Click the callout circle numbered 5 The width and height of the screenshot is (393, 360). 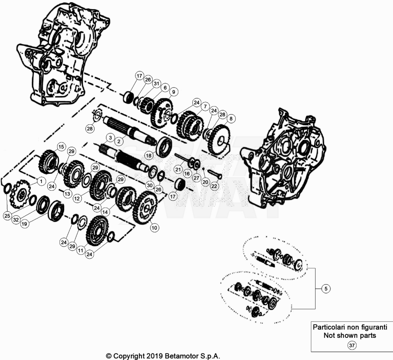326,289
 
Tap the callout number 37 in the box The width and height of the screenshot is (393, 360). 352,345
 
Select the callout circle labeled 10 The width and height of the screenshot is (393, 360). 154,228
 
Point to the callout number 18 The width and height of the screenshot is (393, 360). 149,155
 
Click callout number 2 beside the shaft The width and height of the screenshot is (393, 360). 119,141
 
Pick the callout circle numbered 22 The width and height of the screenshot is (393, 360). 214,186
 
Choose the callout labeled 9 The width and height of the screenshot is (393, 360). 174,92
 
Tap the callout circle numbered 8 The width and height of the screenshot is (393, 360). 231,119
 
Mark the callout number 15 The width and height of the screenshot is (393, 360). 61,147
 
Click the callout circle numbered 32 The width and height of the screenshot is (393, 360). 16,220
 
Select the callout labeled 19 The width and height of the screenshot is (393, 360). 24,224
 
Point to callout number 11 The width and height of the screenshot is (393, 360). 81,250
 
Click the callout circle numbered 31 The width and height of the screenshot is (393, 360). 157,84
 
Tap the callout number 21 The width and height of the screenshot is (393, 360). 178,170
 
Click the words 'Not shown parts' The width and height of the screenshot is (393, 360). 350,335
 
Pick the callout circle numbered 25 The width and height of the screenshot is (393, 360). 7,216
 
